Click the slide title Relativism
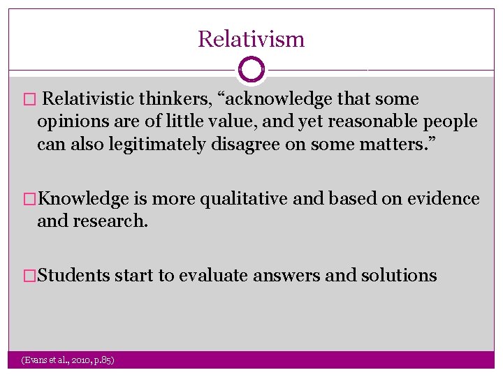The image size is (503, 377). click(x=251, y=38)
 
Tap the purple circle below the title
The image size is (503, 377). click(x=251, y=69)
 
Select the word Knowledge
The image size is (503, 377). click(x=83, y=199)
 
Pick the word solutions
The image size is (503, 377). click(x=399, y=276)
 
